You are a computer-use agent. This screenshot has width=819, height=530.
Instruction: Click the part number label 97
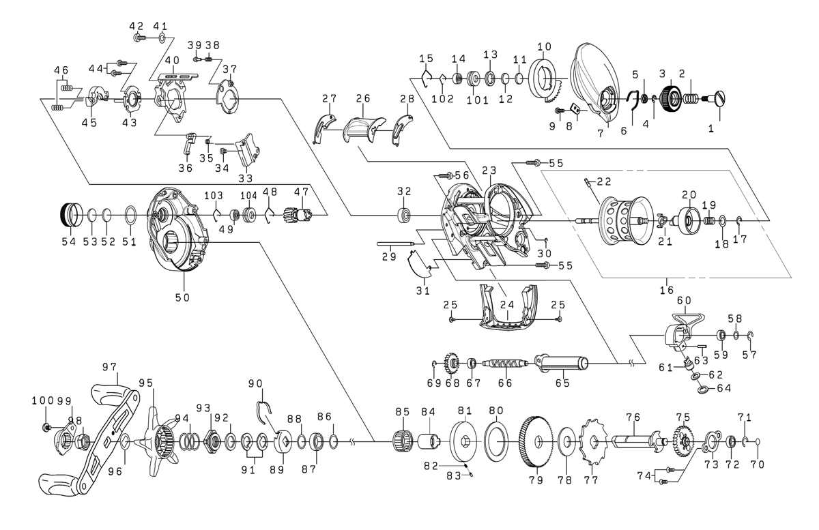tap(109, 368)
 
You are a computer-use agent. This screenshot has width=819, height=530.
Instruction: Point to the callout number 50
tap(182, 297)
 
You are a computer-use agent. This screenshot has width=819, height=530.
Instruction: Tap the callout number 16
tap(665, 291)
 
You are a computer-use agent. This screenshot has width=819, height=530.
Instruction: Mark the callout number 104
tap(248, 194)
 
